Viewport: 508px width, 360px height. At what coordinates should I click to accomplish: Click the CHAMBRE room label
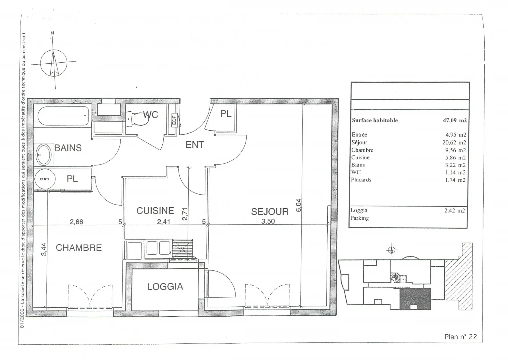click(79, 248)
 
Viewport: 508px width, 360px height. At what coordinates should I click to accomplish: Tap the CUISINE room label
click(155, 211)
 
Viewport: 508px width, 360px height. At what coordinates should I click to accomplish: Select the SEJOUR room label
click(270, 212)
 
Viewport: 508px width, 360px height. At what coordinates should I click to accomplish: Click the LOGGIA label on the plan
click(165, 286)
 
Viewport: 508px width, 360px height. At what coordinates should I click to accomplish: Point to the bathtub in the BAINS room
click(63, 116)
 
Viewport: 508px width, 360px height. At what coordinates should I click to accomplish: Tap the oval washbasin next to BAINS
click(43, 154)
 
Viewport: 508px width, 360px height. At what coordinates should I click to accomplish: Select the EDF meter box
click(174, 120)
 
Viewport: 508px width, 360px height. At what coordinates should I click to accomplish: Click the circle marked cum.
click(45, 179)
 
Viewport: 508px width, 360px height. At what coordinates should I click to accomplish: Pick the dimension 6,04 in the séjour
click(299, 205)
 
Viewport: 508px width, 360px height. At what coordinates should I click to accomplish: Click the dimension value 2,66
click(76, 221)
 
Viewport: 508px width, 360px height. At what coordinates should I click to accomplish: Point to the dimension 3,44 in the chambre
click(44, 249)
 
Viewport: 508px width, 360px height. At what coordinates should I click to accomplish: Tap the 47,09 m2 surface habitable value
click(455, 120)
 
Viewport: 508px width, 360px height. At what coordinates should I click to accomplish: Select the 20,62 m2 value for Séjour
click(454, 142)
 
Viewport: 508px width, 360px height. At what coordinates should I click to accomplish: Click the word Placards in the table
click(361, 180)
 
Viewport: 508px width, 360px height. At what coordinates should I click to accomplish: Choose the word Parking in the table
click(359, 218)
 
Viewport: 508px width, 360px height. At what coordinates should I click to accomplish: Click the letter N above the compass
click(52, 33)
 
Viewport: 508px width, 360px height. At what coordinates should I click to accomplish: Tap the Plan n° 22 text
click(461, 337)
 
